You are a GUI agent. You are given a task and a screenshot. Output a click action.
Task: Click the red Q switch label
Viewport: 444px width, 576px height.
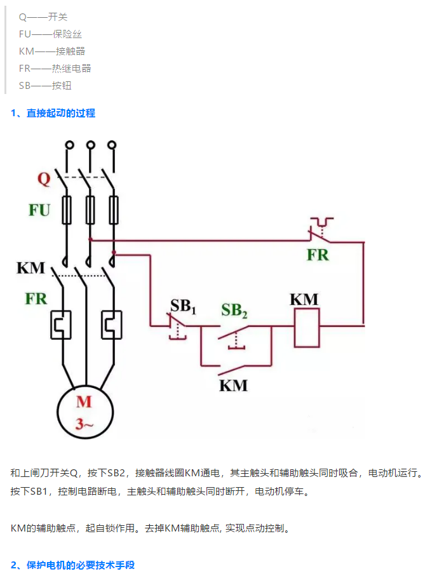43,178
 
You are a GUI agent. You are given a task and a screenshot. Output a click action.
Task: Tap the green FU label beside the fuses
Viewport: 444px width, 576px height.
39,210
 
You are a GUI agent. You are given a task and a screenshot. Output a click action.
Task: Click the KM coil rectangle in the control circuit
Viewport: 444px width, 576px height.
307,328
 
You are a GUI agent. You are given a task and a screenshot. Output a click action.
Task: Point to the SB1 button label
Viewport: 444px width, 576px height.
183,306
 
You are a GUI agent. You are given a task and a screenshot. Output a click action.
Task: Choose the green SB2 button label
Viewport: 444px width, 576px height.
234,311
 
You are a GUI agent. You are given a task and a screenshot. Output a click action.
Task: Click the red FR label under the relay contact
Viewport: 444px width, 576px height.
318,255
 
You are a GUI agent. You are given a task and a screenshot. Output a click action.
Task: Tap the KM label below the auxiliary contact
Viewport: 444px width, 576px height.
233,385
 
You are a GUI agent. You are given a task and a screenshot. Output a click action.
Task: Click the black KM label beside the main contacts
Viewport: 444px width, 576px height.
31,267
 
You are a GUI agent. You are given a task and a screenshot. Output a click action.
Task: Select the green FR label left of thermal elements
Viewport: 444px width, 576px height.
36,298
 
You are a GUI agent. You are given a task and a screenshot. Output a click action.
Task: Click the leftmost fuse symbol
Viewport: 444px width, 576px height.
66,210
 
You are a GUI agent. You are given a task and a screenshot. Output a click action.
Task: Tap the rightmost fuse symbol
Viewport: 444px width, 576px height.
114,210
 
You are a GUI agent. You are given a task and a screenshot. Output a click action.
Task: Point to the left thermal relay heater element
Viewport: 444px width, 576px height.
61,324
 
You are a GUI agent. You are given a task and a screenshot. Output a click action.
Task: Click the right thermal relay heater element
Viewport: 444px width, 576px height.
111,324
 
